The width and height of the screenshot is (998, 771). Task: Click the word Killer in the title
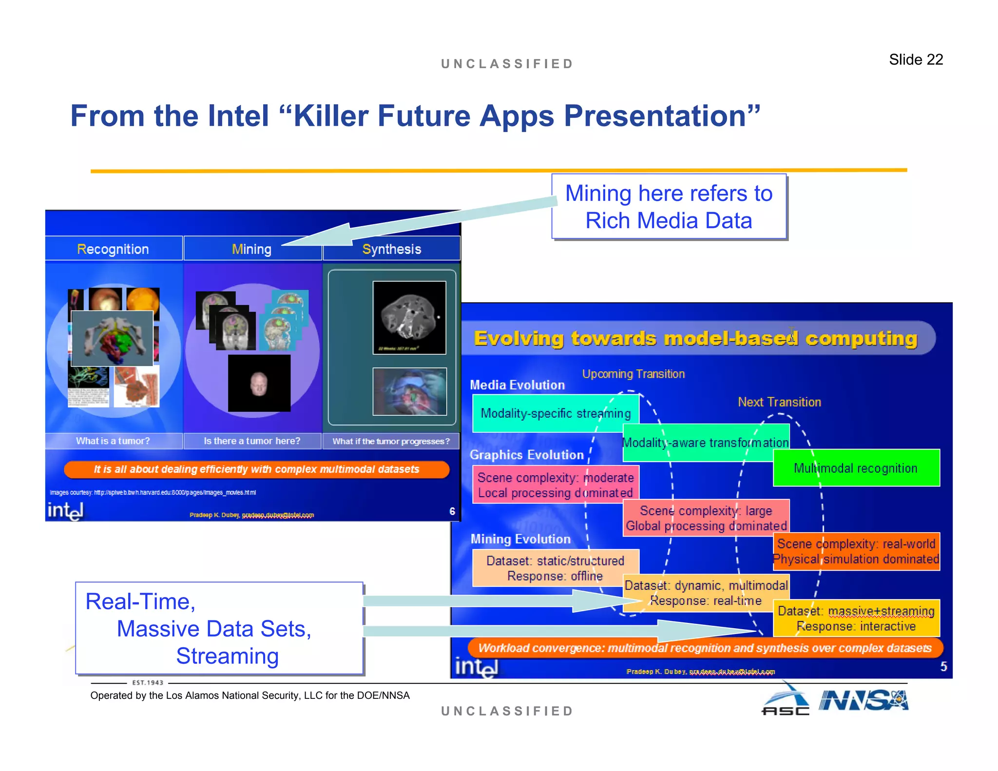[333, 116]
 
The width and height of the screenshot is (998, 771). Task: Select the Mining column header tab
[252, 249]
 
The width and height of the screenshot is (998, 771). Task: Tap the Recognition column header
[113, 249]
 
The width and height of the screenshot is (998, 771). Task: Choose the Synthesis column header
[391, 249]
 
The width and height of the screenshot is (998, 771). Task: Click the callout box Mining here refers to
[669, 207]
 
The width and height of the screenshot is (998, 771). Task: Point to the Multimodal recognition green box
[856, 468]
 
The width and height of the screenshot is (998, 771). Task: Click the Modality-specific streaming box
[555, 413]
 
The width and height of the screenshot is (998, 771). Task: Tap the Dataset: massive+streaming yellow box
[856, 618]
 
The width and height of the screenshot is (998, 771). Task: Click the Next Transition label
[779, 402]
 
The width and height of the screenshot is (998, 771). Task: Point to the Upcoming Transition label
[633, 374]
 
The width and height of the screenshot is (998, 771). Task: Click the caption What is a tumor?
[113, 441]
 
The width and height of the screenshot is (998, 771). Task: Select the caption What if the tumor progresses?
[391, 441]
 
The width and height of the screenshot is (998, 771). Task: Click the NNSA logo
[863, 701]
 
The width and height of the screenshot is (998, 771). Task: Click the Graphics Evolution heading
[526, 455]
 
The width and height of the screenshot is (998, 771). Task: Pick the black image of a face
[259, 383]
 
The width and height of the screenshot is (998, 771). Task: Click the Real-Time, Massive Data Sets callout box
[219, 628]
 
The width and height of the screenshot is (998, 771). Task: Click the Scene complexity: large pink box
[706, 518]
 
